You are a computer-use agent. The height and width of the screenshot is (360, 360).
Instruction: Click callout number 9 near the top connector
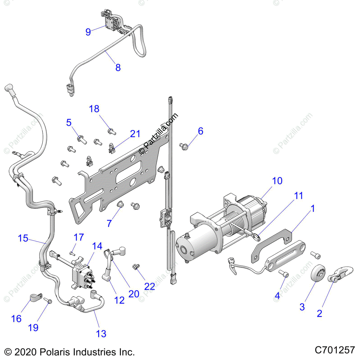88,31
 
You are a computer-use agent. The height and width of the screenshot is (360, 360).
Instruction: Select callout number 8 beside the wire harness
118,67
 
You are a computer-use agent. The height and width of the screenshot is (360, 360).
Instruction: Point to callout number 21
135,134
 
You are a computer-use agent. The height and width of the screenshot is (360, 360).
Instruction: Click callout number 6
200,131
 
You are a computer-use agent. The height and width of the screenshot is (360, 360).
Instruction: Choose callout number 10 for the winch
277,181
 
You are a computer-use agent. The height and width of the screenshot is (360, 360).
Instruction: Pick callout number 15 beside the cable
23,238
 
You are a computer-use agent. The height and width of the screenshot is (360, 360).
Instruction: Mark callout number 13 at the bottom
101,333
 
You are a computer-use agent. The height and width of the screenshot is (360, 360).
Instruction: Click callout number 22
149,286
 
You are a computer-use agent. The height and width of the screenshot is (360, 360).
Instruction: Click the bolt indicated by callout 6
183,146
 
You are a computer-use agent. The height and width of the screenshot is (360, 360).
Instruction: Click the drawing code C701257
335,350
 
